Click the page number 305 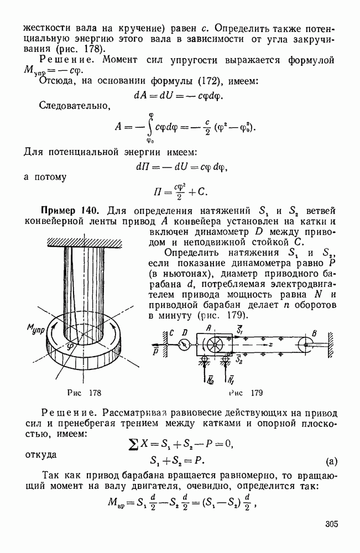point(331,524)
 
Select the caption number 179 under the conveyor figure point(255,393)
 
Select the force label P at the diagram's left point(155,351)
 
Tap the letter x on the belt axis point(272,343)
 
